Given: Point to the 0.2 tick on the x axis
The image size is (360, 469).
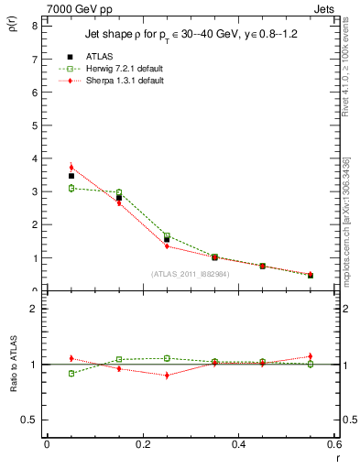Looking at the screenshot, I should pyautogui.click(x=142, y=444).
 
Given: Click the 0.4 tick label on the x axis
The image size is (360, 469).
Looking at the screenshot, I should pyautogui.click(x=238, y=444).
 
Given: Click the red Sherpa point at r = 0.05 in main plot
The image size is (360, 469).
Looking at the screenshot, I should pyautogui.click(x=71, y=168).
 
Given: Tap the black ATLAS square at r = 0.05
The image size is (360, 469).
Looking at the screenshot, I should pyautogui.click(x=71, y=176).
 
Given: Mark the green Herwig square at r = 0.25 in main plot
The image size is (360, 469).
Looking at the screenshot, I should pyautogui.click(x=167, y=235).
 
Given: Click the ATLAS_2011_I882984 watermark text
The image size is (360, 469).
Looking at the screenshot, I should pyautogui.click(x=191, y=273).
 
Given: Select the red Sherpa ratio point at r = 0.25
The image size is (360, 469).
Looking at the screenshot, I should pyautogui.click(x=167, y=375).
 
